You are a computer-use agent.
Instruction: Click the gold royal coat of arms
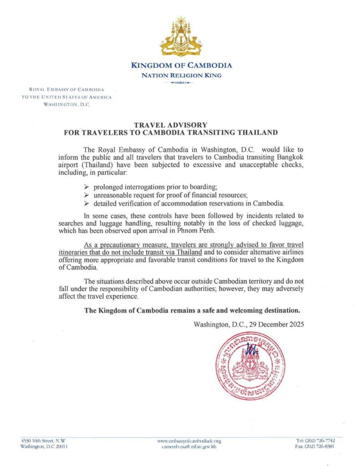(x=181, y=37)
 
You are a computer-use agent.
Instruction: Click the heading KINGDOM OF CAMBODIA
(x=182, y=65)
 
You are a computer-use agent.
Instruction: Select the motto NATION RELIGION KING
(x=181, y=75)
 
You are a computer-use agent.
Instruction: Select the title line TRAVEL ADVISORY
(x=171, y=125)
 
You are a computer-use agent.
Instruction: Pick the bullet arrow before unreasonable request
(x=87, y=195)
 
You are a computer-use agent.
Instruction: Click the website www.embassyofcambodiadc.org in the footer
(x=189, y=441)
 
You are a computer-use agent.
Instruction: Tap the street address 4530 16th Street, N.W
(x=43, y=441)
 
